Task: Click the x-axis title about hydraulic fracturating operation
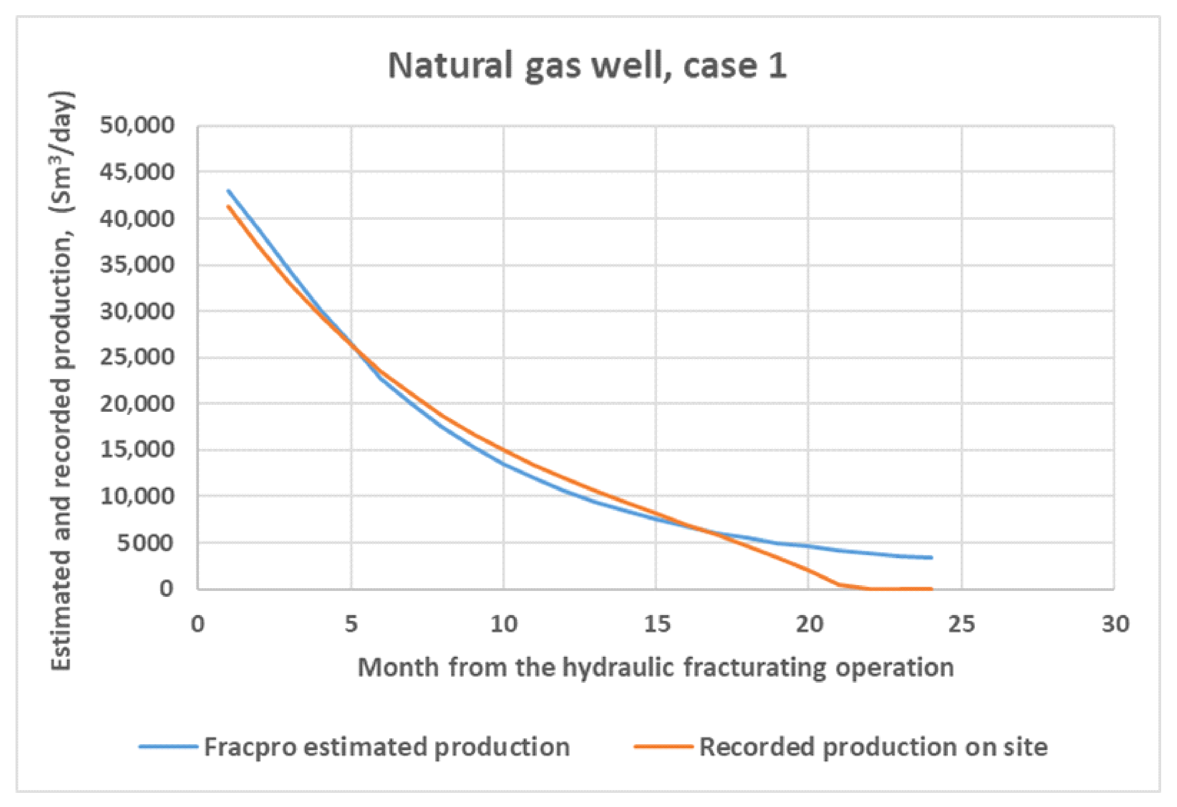[656, 668]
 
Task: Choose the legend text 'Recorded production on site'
[874, 747]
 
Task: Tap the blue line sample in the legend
[168, 747]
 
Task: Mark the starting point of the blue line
[228, 191]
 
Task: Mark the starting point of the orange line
[228, 206]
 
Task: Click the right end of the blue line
[931, 558]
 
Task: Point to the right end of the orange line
[931, 589]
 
